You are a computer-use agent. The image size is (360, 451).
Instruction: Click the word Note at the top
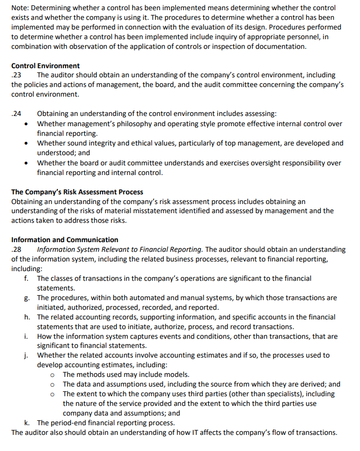[20, 8]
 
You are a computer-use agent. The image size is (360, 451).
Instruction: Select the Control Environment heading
[45, 66]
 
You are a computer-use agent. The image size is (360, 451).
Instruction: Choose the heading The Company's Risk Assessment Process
[77, 192]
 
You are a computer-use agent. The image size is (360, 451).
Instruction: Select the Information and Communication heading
[64, 239]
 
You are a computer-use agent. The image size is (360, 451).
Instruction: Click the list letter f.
[26, 278]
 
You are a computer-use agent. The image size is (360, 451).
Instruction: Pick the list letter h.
[26, 317]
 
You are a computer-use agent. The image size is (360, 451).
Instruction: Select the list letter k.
[26, 423]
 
